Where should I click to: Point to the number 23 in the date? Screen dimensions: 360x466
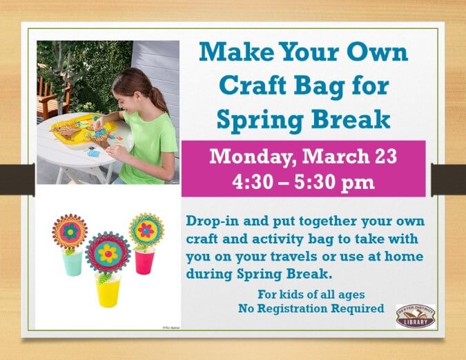tap(383, 157)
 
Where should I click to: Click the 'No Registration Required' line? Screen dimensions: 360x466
tap(311, 308)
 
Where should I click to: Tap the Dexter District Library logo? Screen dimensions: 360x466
tap(416, 314)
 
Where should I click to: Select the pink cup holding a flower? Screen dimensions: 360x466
tap(144, 260)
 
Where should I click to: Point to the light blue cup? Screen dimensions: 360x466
tap(72, 263)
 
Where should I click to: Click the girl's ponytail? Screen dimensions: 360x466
tap(158, 96)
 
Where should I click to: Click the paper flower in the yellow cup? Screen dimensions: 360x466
tap(108, 252)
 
